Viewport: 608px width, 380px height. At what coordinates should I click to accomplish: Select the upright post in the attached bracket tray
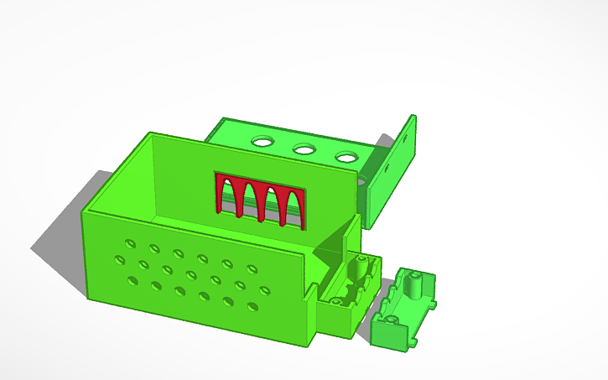point(360,267)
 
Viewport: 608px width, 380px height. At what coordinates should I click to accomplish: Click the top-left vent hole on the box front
point(130,242)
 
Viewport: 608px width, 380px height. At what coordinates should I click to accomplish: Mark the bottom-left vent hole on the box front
point(133,279)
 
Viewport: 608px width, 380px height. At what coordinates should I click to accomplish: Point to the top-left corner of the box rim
point(149,133)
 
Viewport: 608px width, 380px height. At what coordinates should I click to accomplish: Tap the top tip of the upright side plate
point(413,116)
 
